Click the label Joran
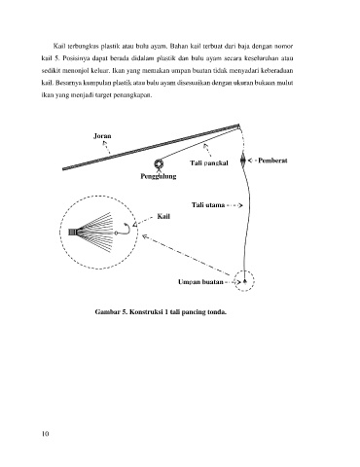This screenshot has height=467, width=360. tap(102, 136)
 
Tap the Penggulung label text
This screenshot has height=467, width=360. tap(159, 176)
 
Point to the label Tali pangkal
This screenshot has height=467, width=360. tap(209, 162)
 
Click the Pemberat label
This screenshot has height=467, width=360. tap(272, 161)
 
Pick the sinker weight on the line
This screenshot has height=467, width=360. tap(242, 160)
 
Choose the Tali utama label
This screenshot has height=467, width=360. tap(208, 205)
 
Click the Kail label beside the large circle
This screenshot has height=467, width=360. tap(163, 216)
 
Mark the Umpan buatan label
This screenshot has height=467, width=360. tap(200, 282)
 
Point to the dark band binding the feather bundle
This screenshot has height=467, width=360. tap(72, 233)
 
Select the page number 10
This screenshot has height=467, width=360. tap(45, 434)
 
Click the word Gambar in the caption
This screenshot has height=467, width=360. tap(106, 312)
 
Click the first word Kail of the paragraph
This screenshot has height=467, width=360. tap(59, 46)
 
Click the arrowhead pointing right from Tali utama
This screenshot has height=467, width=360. tap(240, 205)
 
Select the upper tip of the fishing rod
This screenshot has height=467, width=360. tap(239, 126)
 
